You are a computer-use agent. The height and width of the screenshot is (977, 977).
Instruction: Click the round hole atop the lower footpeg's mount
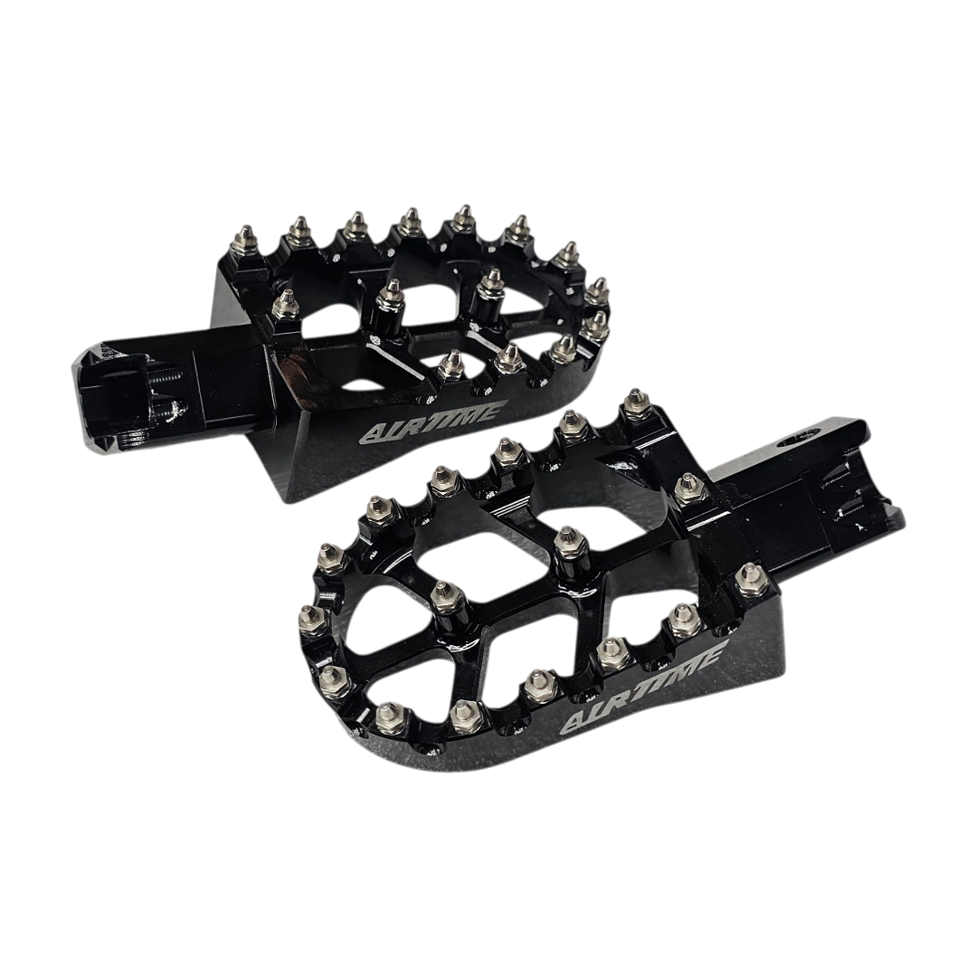(x=800, y=439)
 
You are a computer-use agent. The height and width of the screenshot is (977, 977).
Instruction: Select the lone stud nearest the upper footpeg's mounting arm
(x=285, y=304)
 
